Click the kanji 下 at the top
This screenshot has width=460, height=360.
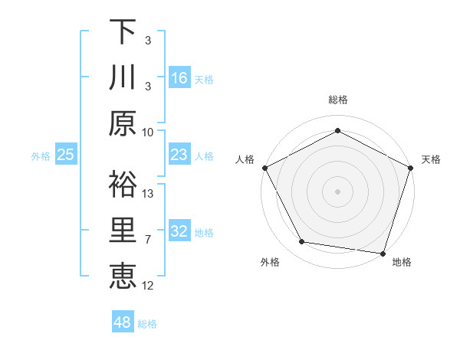[123, 31]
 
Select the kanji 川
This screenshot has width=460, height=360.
[123, 77]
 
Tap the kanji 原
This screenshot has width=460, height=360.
[123, 123]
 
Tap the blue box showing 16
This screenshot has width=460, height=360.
[179, 77]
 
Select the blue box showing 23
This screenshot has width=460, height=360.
[179, 155]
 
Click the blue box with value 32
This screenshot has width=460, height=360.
[179, 231]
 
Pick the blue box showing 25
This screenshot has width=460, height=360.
[66, 155]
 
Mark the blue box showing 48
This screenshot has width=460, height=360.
[123, 322]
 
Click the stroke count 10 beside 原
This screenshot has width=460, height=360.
[148, 132]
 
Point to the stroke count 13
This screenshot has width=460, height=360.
[149, 193]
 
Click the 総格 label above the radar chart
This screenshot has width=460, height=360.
[338, 100]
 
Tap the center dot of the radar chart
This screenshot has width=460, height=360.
[338, 191]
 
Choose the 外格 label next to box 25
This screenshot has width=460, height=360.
[41, 155]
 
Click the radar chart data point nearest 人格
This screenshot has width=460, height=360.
[265, 167]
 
